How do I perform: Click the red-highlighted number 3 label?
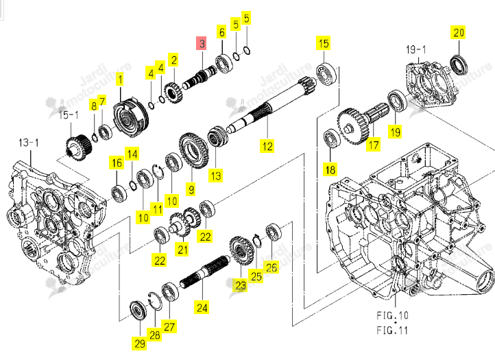(x=202, y=43)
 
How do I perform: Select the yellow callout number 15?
(x=324, y=43)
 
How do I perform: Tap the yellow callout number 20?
(x=459, y=32)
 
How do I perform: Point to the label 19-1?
(x=415, y=49)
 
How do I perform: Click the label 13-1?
(x=29, y=143)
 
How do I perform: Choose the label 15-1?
(x=69, y=115)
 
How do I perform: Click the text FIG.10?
(x=392, y=315)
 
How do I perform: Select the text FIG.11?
(x=392, y=331)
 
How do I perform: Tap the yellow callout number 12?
(x=267, y=146)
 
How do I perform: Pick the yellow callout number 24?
(x=202, y=307)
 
